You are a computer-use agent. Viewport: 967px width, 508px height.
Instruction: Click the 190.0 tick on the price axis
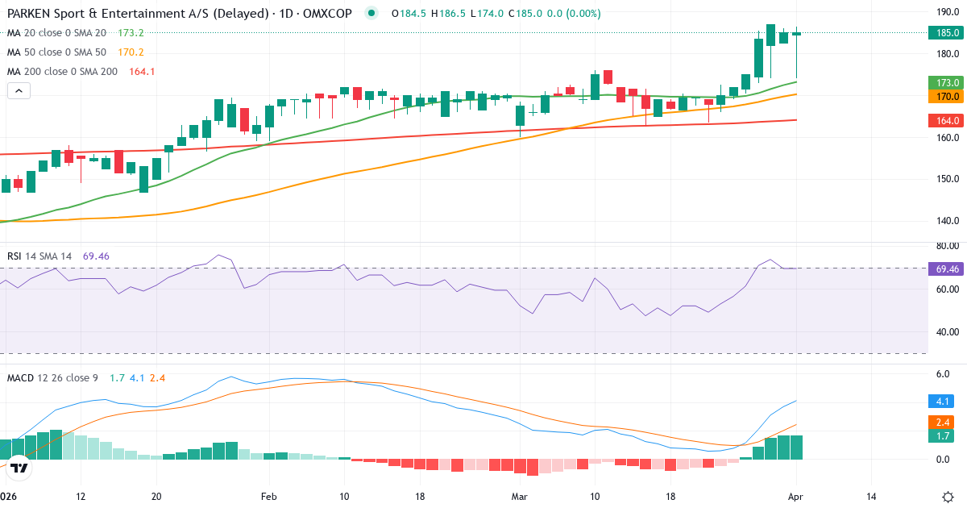coord(947,12)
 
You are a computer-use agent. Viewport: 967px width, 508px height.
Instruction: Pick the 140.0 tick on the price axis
coord(947,221)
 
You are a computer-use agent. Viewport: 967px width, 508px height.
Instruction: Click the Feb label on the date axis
coord(268,497)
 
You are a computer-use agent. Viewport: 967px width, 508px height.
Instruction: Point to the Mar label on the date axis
coord(519,497)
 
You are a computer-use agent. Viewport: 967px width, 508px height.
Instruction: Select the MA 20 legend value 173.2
coord(131,33)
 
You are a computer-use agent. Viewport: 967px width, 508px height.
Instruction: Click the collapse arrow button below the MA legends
coord(19,91)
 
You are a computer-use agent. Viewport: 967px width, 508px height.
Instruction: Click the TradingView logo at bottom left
coord(20,468)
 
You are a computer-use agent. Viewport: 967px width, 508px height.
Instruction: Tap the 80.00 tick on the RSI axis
coord(947,246)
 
